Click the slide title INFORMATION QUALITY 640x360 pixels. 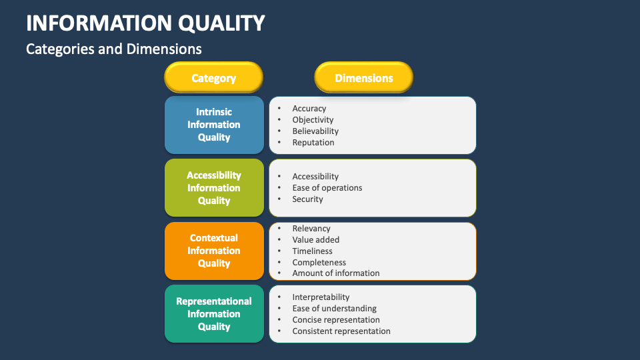click(145, 23)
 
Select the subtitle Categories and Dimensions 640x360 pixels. click(113, 49)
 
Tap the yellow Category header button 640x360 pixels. click(214, 78)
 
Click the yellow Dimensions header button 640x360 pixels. click(364, 78)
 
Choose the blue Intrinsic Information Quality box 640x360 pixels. click(214, 125)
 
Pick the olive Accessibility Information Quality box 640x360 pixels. click(214, 188)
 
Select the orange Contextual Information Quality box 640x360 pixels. click(214, 251)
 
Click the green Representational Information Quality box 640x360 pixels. click(214, 314)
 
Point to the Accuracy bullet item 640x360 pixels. click(309, 109)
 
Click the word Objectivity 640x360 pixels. click(313, 120)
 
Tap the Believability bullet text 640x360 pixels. click(315, 131)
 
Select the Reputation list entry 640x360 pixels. click(313, 143)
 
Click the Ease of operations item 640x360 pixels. click(327, 188)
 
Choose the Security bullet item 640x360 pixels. click(307, 199)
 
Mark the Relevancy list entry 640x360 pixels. click(311, 229)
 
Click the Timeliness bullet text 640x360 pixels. click(312, 251)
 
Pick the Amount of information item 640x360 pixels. click(336, 273)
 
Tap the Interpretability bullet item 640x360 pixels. click(321, 297)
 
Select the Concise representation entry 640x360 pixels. click(336, 320)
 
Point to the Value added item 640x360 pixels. click(316, 240)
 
